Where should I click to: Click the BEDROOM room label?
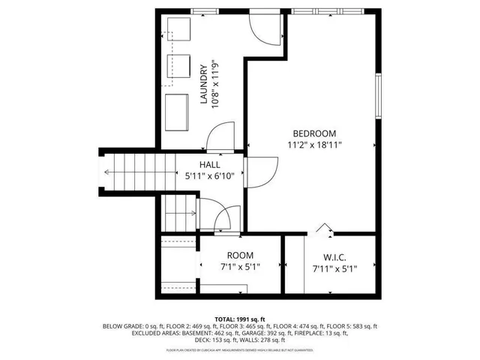pyautogui.click(x=315, y=133)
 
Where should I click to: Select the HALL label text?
pyautogui.click(x=209, y=165)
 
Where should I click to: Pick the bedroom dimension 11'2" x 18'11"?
pyautogui.click(x=315, y=145)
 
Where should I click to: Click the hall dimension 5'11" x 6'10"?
pyautogui.click(x=210, y=177)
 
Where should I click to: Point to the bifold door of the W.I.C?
pyautogui.click(x=323, y=227)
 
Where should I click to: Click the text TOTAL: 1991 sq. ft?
pyautogui.click(x=240, y=319)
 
